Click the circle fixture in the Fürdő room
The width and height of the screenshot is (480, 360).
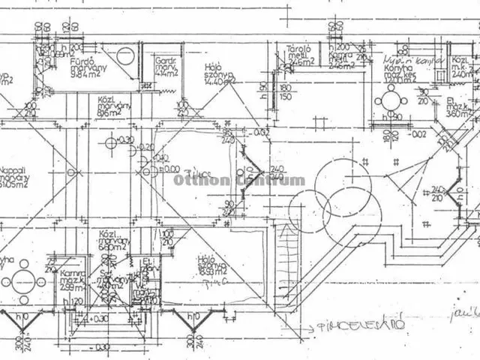(x=126, y=56)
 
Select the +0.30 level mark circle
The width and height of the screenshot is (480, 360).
(x=112, y=142)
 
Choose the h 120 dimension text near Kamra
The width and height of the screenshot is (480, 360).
(x=73, y=301)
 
